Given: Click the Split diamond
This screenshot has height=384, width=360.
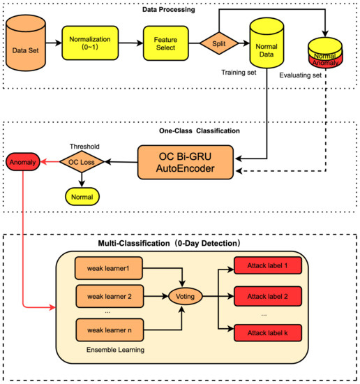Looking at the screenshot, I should (x=216, y=44).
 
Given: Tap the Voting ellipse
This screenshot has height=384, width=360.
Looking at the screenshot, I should (x=183, y=296).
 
